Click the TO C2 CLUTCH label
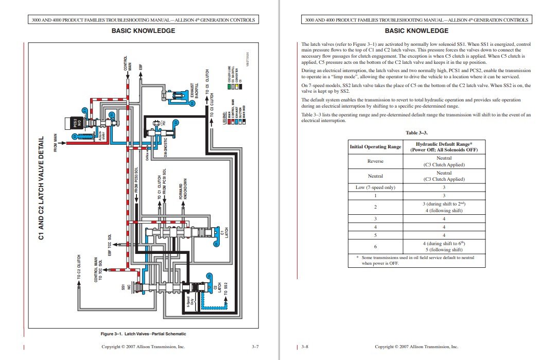79,267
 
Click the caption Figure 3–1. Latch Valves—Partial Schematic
143,334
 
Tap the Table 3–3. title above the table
416,132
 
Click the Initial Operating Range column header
375,147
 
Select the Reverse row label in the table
375,161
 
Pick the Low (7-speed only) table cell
375,187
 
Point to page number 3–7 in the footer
255,347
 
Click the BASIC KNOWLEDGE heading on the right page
416,31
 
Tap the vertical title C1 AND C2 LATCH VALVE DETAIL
42,188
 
